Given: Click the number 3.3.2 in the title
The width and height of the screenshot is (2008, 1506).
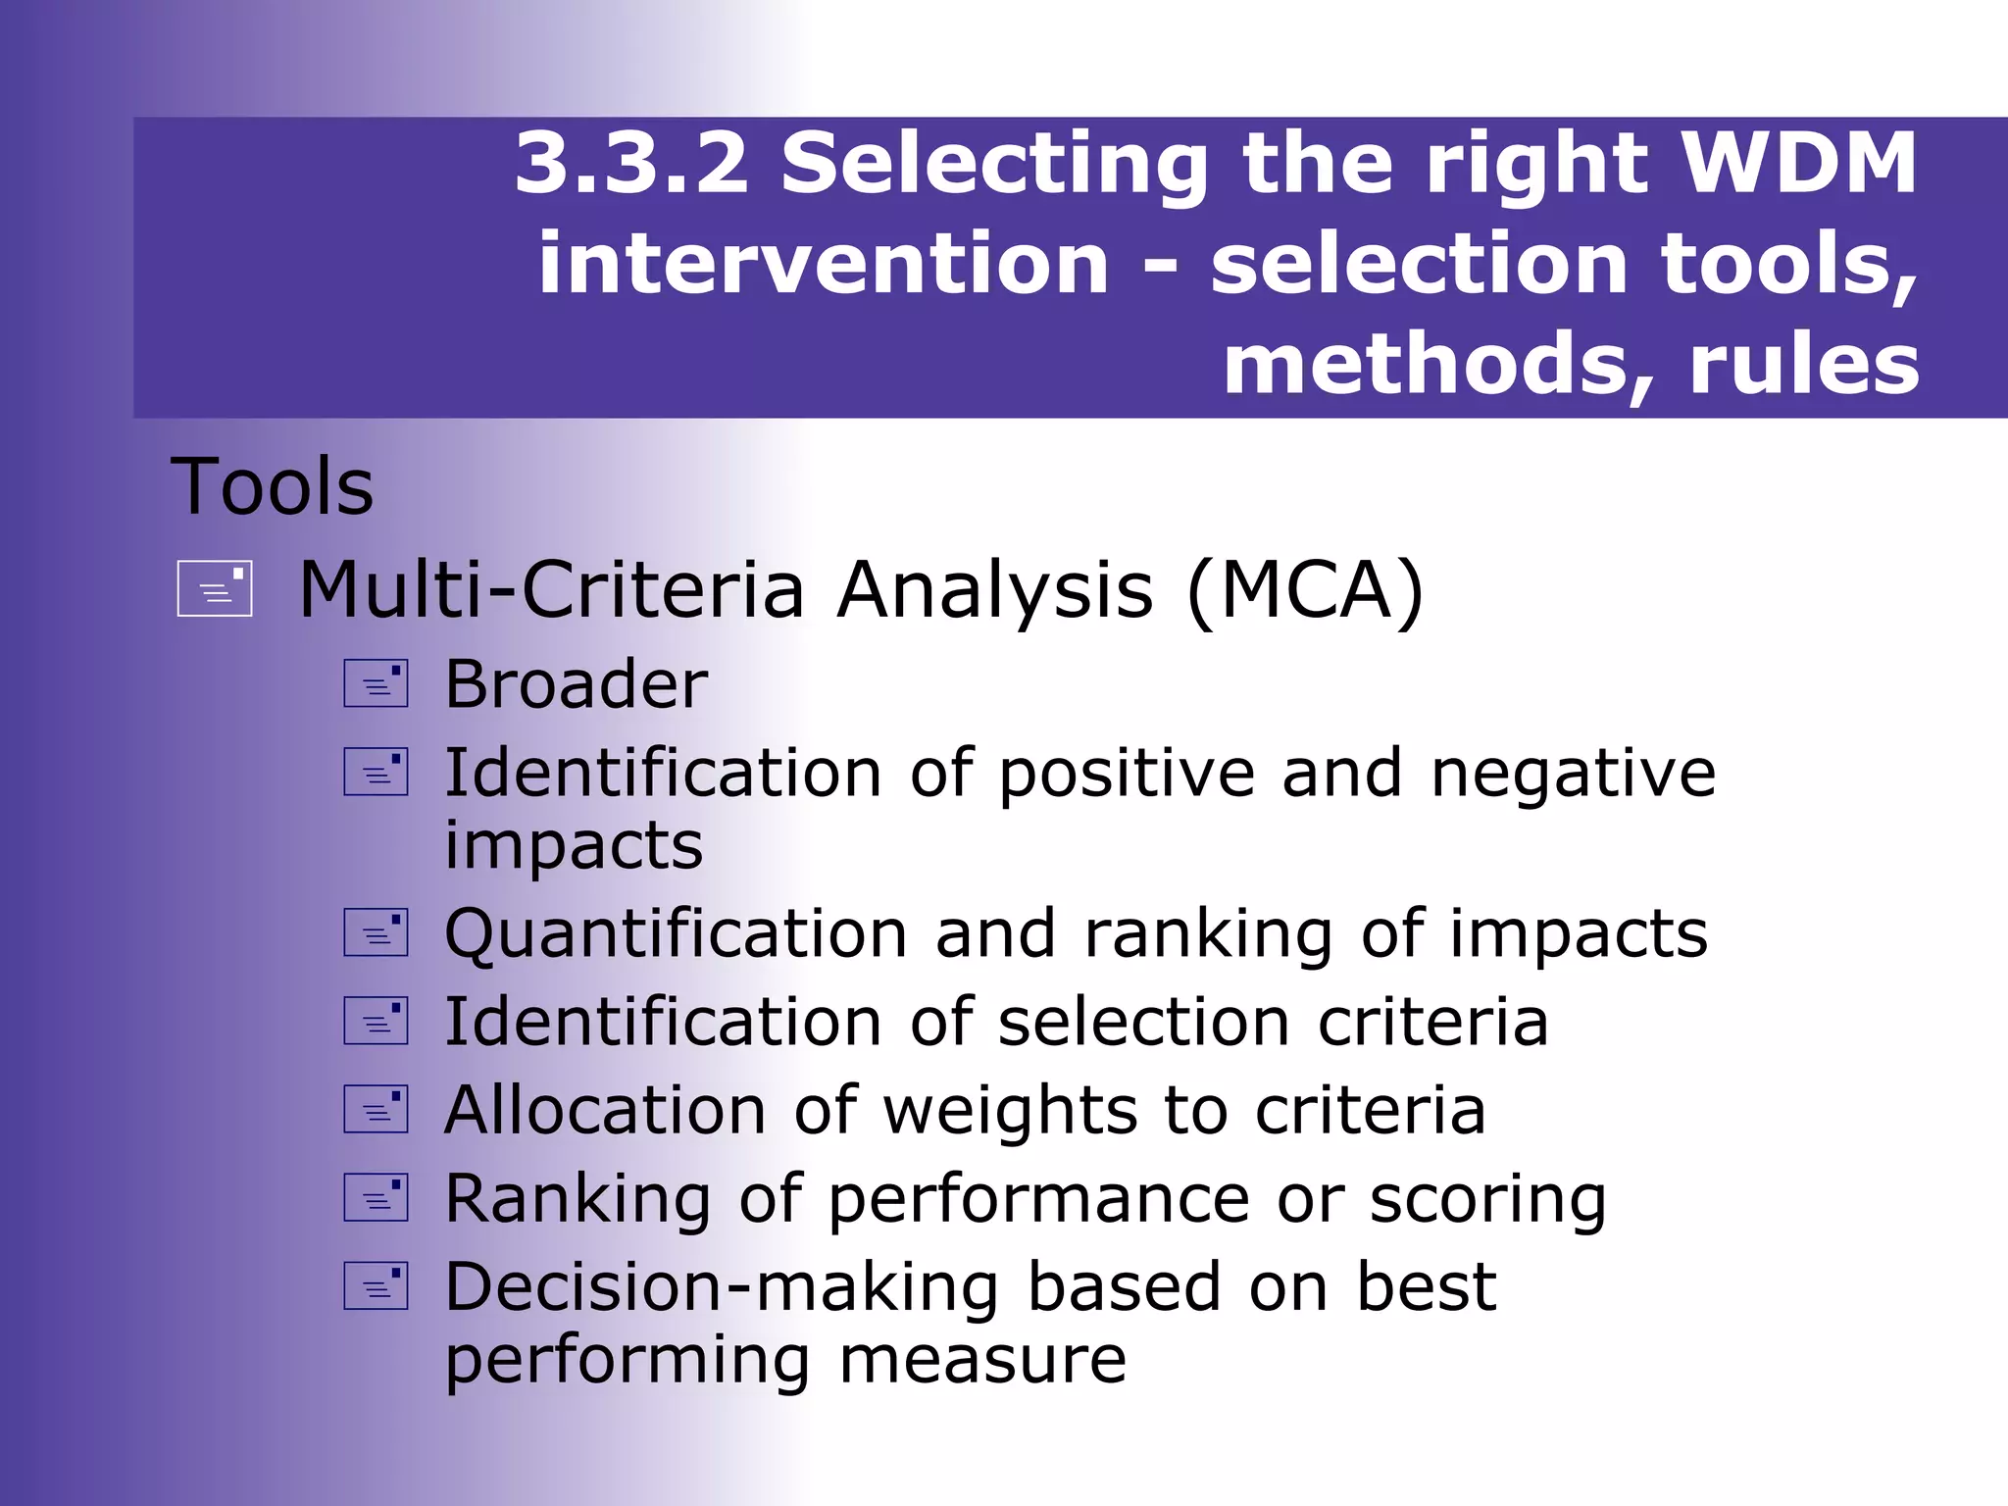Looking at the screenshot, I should [x=631, y=164].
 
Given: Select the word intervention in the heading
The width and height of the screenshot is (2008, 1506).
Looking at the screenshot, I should [x=824, y=264].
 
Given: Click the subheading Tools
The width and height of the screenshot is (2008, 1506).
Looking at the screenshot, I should [x=272, y=487].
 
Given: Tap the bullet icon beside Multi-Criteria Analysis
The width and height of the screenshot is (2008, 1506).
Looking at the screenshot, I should [x=215, y=588].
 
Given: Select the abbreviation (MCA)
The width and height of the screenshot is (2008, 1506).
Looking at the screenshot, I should [x=1304, y=590].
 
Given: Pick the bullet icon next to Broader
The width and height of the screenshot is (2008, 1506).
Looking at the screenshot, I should [x=376, y=683].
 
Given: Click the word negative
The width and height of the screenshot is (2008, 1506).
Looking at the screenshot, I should [x=1573, y=774].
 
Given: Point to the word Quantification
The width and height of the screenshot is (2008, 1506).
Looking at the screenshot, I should [x=676, y=933].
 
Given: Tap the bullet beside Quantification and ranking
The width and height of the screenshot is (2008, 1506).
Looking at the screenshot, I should [x=376, y=932].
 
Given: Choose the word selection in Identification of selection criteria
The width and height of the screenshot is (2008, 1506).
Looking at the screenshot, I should [x=1143, y=1022].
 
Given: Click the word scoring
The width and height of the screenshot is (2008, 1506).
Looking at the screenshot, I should [x=1487, y=1200].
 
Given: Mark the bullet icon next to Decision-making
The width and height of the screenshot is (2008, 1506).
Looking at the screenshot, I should [x=376, y=1285].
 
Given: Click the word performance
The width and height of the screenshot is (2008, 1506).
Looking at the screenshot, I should [x=1038, y=1200].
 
